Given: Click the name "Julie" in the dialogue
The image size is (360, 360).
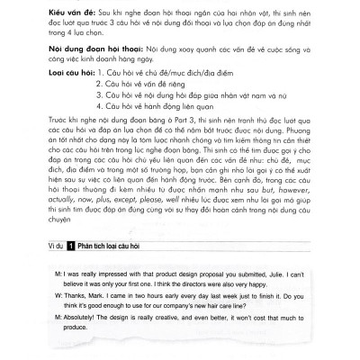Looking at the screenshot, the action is (265, 272).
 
